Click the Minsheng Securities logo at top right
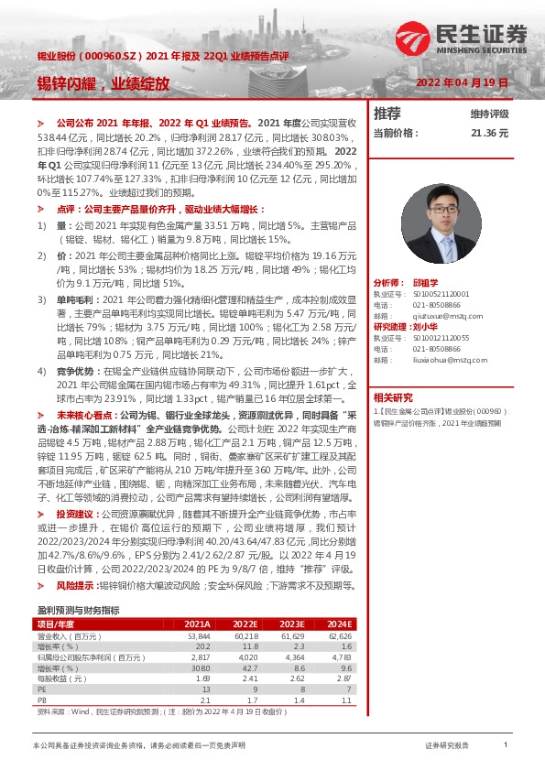point(462,38)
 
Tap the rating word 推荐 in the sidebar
point(388,114)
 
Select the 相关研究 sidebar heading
point(393,397)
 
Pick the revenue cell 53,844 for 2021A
point(200,635)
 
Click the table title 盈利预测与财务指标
point(78,610)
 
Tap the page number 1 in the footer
point(506,746)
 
